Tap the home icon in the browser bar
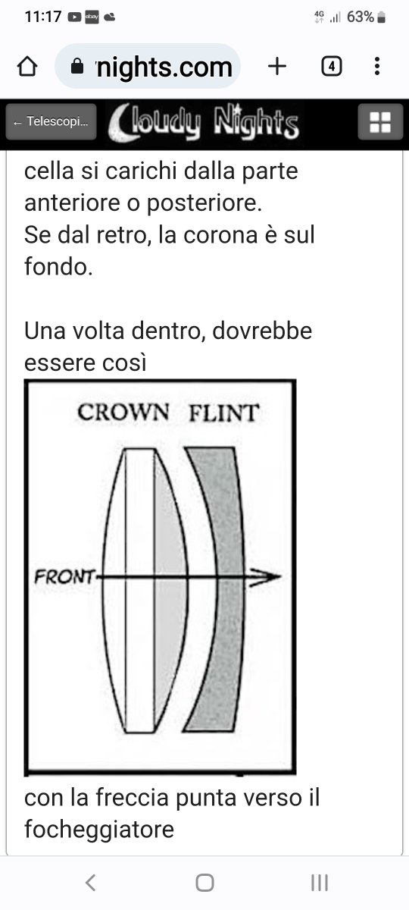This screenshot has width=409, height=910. (27, 66)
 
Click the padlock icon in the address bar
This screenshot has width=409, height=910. (77, 66)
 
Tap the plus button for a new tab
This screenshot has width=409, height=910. (277, 66)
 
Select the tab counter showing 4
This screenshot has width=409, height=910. (332, 66)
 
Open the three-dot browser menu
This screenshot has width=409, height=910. (377, 66)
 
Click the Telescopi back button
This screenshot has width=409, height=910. (52, 121)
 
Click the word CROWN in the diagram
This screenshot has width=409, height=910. (123, 413)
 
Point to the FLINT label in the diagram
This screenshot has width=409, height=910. (224, 413)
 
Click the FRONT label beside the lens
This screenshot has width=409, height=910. (65, 576)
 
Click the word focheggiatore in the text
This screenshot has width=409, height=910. (99, 829)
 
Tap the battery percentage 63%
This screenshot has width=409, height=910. (361, 17)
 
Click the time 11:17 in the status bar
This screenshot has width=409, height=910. (43, 17)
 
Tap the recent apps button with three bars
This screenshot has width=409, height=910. (320, 883)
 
